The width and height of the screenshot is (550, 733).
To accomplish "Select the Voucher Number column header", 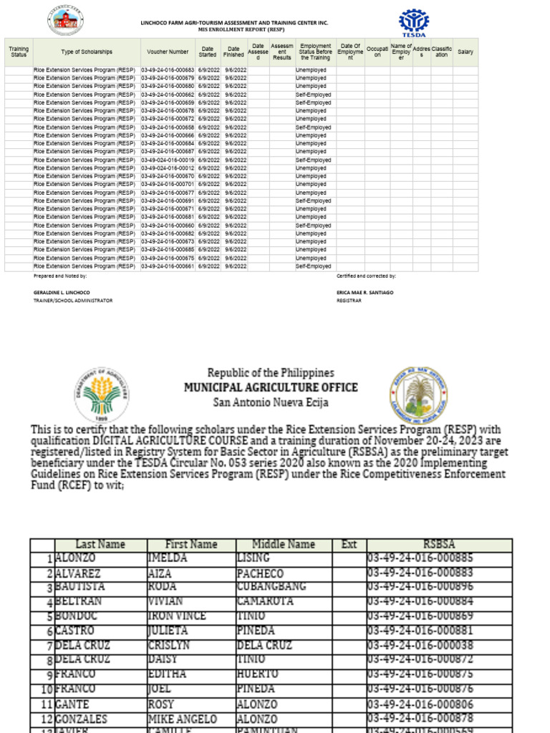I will (x=168, y=52).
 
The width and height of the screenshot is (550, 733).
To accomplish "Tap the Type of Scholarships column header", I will (x=87, y=52).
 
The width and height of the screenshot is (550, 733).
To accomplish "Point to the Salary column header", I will (x=465, y=52).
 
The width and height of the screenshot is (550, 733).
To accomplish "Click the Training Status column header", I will (x=19, y=52).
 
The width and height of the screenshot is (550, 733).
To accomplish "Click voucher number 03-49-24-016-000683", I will (x=168, y=70).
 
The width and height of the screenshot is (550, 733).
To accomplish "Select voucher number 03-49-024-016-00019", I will (x=168, y=160).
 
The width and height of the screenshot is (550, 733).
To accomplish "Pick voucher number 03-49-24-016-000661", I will (x=168, y=266).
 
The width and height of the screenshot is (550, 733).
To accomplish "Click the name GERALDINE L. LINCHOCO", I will (x=62, y=293).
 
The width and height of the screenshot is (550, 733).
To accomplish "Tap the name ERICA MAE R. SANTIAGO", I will (x=365, y=293).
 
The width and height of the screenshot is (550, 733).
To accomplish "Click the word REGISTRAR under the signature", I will (x=350, y=301).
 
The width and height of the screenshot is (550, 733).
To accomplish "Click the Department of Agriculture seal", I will (x=102, y=394).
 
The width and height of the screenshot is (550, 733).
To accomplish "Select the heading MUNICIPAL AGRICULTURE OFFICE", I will (x=271, y=387).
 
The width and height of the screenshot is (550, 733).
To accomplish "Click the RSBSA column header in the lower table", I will (x=439, y=545).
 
